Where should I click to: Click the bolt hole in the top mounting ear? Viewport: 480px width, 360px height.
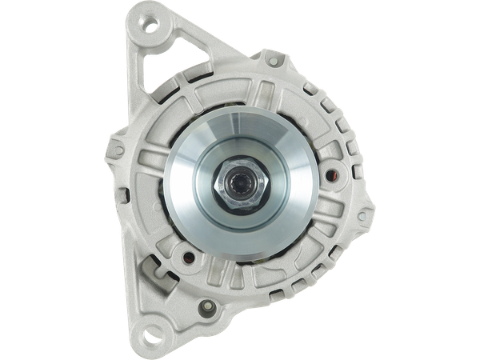pyautogui.click(x=150, y=30)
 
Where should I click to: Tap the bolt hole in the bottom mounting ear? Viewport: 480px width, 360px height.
pyautogui.click(x=151, y=327)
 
